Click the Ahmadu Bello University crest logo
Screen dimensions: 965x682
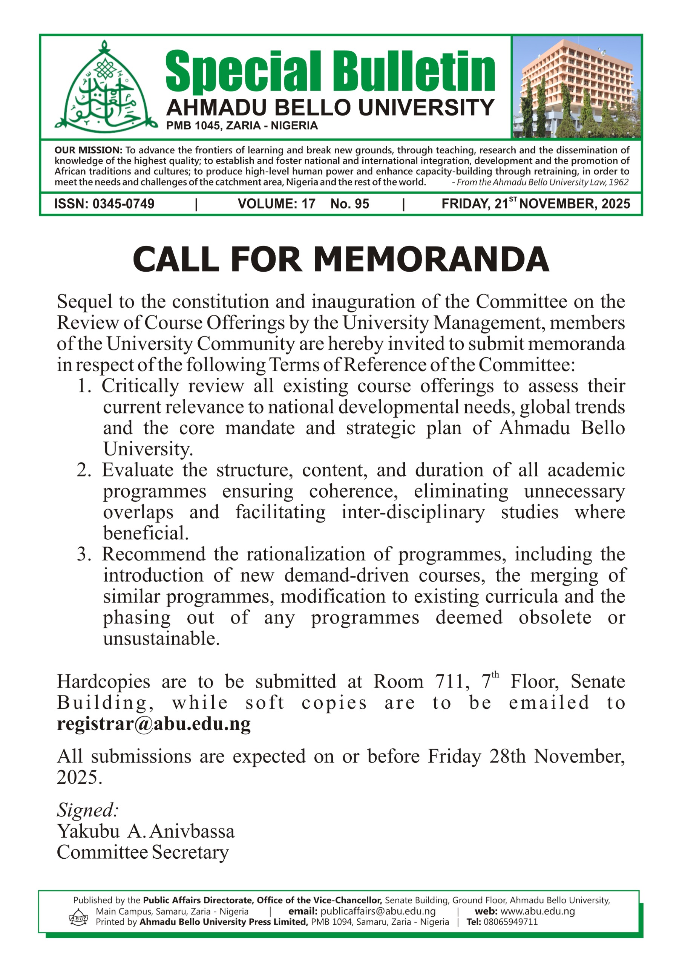tap(103, 86)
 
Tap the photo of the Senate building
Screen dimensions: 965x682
tap(576, 87)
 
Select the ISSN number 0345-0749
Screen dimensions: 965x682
tap(123, 204)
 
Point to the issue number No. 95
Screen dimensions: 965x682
tap(349, 204)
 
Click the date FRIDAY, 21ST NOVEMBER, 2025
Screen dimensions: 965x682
tap(536, 204)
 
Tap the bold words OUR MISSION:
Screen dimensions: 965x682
tap(88, 150)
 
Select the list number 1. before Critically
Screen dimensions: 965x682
tap(84, 386)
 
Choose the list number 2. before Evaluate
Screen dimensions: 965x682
tap(84, 470)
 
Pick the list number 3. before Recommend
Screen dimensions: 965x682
tap(84, 554)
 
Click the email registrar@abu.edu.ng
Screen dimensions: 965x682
tap(154, 724)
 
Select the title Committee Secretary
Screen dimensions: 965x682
tap(143, 852)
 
